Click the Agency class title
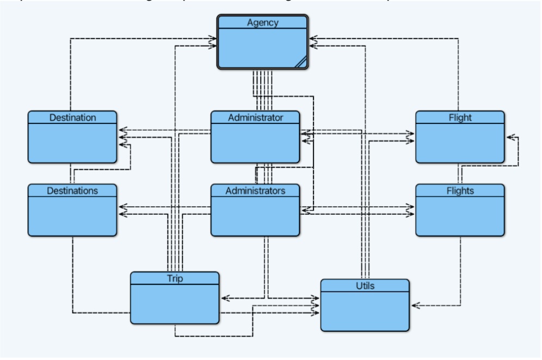click(263, 22)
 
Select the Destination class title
click(72, 117)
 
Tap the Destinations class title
click(72, 190)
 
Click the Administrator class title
click(255, 117)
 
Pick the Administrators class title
click(255, 190)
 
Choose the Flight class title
click(460, 117)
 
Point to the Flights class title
click(460, 190)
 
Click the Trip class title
click(175, 278)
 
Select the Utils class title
click(365, 285)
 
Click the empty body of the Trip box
click(175, 305)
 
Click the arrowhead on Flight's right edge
click(508, 138)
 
